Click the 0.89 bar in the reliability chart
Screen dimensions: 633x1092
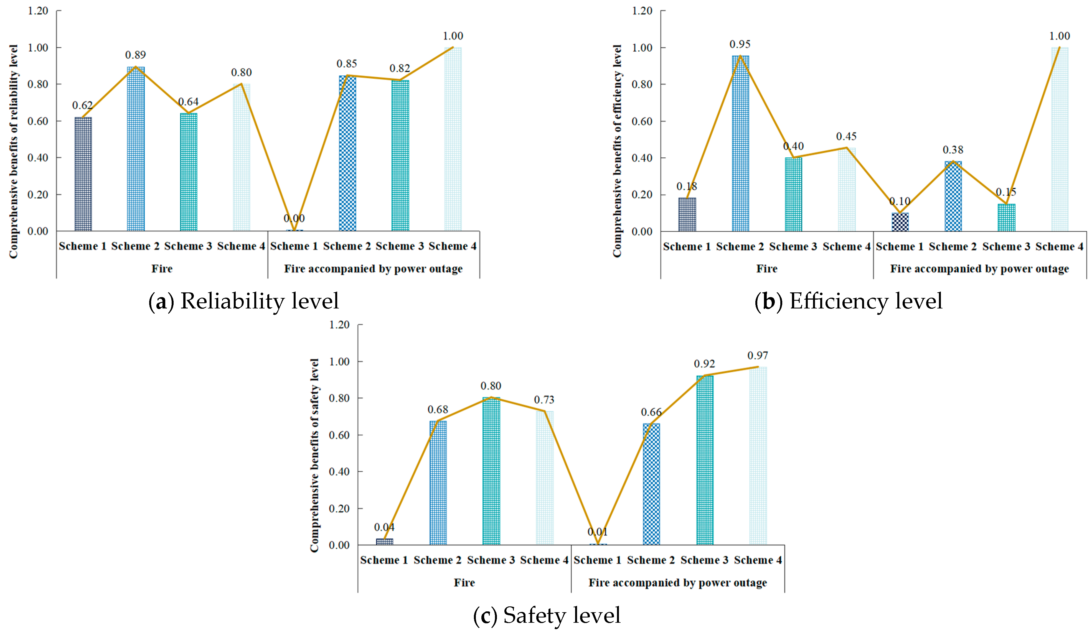[136, 149]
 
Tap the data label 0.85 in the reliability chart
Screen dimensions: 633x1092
[347, 64]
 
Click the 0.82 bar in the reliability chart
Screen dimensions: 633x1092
[400, 156]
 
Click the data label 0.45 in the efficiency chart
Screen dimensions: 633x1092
[846, 137]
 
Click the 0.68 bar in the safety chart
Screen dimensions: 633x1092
[438, 483]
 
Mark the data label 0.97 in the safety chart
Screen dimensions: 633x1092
[758, 356]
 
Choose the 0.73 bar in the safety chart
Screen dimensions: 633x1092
[544, 478]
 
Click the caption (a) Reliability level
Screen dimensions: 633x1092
[243, 301]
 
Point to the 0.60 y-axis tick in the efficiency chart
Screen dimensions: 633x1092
[641, 121]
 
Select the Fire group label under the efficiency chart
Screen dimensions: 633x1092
[766, 269]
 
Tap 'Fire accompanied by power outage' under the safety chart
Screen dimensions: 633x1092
[678, 583]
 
